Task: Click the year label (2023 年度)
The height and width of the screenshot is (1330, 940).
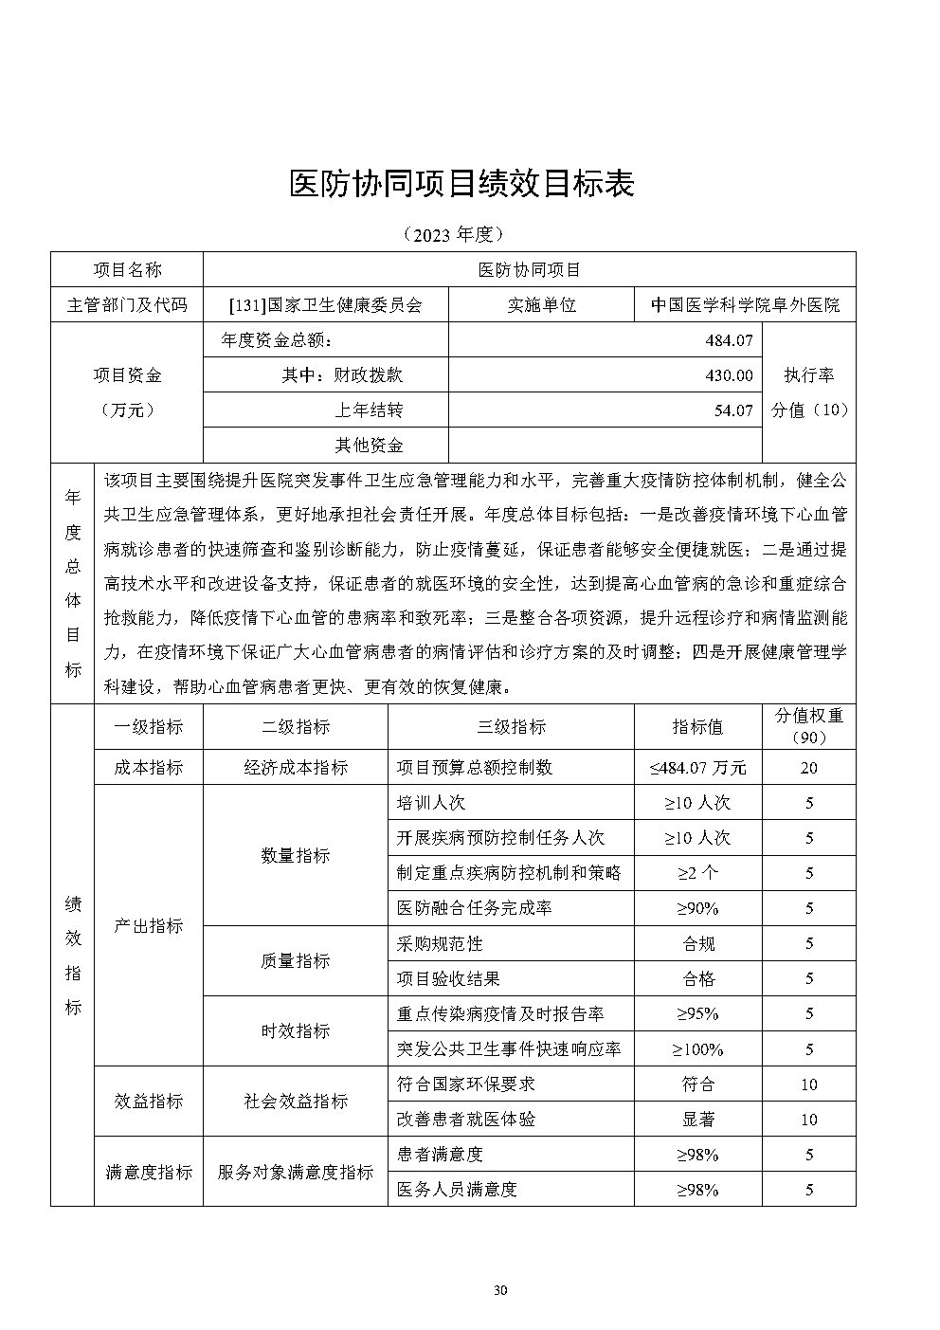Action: coord(452,233)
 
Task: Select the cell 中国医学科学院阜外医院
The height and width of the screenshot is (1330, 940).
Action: coord(745,305)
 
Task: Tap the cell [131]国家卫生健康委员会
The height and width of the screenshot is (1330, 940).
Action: coord(325,305)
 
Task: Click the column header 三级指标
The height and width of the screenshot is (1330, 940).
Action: coord(511,727)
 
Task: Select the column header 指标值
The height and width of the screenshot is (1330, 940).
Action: coord(697,727)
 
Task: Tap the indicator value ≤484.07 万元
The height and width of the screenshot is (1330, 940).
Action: coord(697,768)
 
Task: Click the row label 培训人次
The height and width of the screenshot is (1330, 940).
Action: coord(431,803)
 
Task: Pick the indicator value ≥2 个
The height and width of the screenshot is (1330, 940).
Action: coord(697,873)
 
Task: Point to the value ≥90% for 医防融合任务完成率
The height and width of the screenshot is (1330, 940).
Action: coord(697,908)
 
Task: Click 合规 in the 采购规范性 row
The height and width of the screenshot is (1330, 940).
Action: coord(698,943)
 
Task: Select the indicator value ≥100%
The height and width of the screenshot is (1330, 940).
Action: coord(697,1049)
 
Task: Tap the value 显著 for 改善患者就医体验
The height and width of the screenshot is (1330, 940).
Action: coord(698,1120)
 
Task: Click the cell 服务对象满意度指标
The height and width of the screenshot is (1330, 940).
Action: coord(295,1173)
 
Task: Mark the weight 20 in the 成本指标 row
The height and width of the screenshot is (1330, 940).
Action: coord(808,768)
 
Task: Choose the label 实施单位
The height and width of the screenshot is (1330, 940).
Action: coord(542,305)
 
